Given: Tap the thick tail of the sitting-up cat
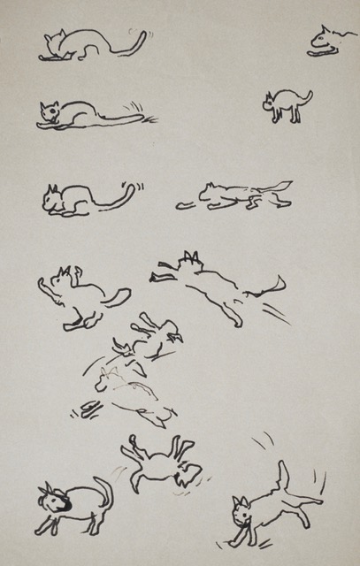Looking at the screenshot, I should [x=116, y=297].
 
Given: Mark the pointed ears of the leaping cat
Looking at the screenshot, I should [x=188, y=259].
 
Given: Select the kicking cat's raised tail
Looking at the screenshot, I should [x=283, y=478].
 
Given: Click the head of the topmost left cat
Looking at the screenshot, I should [x=55, y=41].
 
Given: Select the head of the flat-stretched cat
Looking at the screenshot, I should [x=50, y=112].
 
